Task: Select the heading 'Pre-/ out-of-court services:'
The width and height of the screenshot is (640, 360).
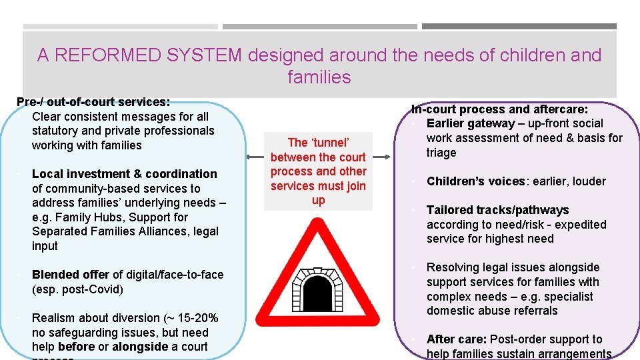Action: pos(93,102)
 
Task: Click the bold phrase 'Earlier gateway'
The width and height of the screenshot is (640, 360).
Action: pos(471,123)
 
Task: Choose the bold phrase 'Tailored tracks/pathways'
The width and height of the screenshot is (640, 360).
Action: pos(497,210)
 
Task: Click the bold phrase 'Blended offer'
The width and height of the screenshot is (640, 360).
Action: pos(71,275)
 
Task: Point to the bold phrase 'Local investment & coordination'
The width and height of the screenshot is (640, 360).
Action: pos(124,174)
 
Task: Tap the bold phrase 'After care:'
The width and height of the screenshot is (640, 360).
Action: pos(455,339)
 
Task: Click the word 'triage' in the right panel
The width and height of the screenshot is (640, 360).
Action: pos(441,153)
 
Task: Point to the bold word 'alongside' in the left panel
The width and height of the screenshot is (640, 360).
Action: pos(141,347)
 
